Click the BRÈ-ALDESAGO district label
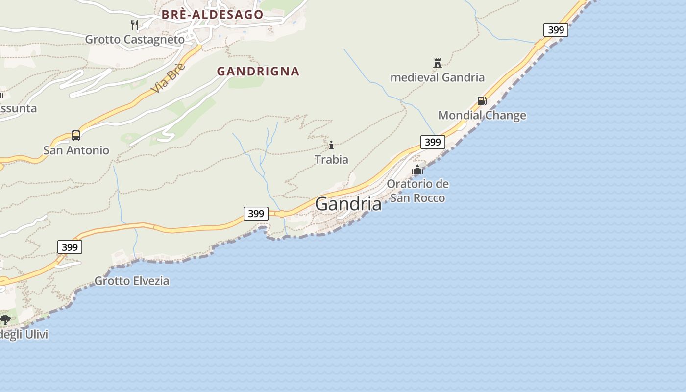[x=213, y=15]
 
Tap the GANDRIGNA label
[x=258, y=72]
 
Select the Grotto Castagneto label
[x=135, y=39]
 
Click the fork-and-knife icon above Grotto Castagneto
[x=135, y=24]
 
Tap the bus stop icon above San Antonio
[x=76, y=136]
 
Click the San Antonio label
[x=76, y=150]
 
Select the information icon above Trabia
[x=331, y=145]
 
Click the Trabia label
[x=331, y=160]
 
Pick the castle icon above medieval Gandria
[x=438, y=63]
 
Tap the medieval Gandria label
[x=438, y=77]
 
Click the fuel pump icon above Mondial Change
[x=482, y=101]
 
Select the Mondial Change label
[x=482, y=116]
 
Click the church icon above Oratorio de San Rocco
[x=417, y=170]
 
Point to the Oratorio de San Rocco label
[x=417, y=191]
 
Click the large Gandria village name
[x=348, y=204]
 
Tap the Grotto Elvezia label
[x=132, y=281]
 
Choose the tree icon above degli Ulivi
[x=5, y=320]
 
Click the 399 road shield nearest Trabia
[x=433, y=142]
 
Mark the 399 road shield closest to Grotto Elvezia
[x=70, y=247]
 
